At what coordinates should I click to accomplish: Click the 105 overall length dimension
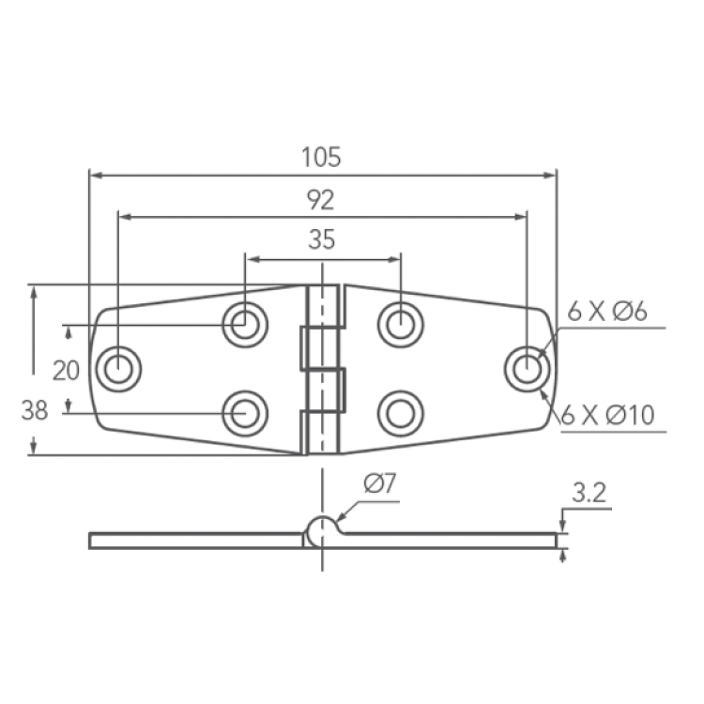[x=321, y=157]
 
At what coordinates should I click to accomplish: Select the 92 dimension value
[x=321, y=200]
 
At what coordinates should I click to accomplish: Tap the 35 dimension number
[x=322, y=239]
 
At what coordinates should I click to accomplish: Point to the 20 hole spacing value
[x=66, y=371]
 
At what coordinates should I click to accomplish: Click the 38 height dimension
[x=35, y=410]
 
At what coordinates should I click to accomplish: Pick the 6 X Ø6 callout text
[x=607, y=311]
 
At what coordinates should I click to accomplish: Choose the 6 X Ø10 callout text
[x=608, y=415]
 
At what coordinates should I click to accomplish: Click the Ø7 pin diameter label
[x=380, y=483]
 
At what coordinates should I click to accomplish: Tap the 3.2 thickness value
[x=589, y=493]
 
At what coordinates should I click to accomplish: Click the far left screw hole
[x=118, y=369]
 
